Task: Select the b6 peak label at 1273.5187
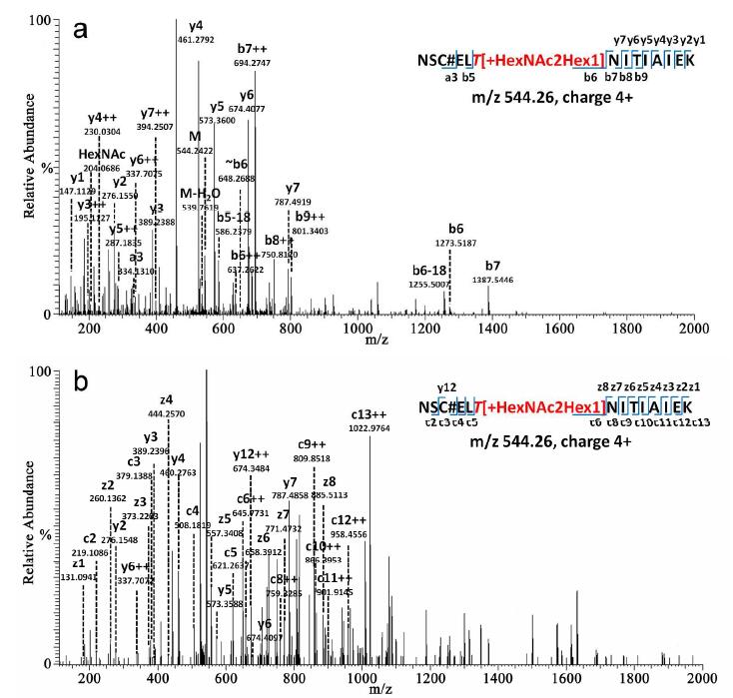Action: [x=456, y=257]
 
